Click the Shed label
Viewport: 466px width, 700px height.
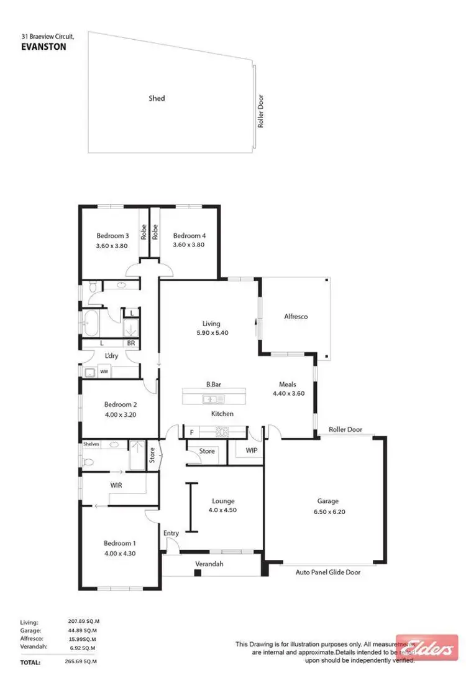click(x=157, y=98)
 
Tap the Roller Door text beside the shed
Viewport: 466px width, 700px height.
click(x=261, y=111)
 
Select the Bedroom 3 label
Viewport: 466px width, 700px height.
click(x=112, y=236)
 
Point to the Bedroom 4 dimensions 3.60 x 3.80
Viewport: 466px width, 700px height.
click(x=189, y=245)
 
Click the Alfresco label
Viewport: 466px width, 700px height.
click(x=296, y=317)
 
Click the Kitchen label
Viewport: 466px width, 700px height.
click(x=222, y=414)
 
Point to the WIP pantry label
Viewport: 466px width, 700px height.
click(x=252, y=449)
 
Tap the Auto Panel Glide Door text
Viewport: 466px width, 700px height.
click(x=328, y=572)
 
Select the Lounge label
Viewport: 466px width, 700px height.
click(x=222, y=501)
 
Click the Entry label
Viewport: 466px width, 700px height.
click(x=171, y=533)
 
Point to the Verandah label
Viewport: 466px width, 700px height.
click(x=209, y=564)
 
